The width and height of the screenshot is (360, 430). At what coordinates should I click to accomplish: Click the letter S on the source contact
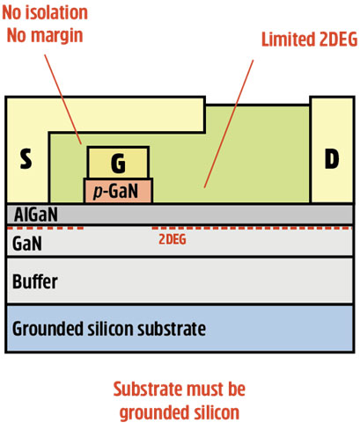point(26,158)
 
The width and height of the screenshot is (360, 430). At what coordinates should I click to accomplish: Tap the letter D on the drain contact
point(332,158)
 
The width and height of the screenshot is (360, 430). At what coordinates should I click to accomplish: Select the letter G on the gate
point(118,163)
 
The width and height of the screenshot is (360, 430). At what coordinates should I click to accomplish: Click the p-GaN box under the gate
point(118,191)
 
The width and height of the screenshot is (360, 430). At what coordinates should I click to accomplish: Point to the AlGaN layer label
point(36,215)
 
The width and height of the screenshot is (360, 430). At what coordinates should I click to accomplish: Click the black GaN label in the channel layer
point(27,244)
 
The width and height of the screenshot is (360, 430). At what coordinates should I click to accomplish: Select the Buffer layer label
point(35,281)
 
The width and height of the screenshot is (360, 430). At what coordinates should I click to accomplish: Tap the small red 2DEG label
point(173,239)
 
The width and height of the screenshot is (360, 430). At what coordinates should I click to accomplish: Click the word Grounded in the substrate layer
point(48,329)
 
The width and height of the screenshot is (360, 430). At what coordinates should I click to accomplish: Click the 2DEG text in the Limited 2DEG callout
point(338,40)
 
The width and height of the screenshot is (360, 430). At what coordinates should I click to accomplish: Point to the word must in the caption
point(202,389)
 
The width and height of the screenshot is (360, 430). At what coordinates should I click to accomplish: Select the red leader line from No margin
point(63,99)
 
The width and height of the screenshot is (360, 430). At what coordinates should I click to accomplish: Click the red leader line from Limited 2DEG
point(229,124)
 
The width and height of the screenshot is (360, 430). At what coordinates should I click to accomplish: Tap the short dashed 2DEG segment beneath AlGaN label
point(45,228)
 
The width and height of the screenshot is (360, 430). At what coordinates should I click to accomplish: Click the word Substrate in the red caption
point(148,389)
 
